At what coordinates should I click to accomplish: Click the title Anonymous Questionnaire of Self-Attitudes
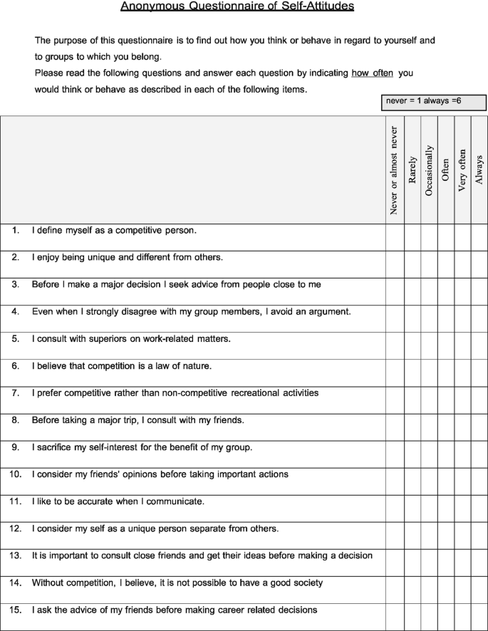click(237, 6)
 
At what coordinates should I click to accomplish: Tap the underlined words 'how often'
click(372, 73)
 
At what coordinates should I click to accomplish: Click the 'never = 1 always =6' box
click(433, 102)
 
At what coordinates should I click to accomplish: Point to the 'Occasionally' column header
click(429, 170)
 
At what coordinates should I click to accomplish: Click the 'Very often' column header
click(462, 170)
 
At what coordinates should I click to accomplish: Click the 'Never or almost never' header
click(394, 170)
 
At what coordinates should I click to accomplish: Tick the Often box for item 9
click(446, 447)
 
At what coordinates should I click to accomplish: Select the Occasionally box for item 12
click(429, 528)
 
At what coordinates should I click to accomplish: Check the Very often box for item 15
click(462, 610)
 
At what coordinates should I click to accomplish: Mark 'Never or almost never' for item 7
click(395, 393)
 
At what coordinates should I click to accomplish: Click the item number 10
click(15, 474)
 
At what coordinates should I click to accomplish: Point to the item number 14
click(15, 583)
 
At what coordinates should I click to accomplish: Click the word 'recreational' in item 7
click(234, 393)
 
